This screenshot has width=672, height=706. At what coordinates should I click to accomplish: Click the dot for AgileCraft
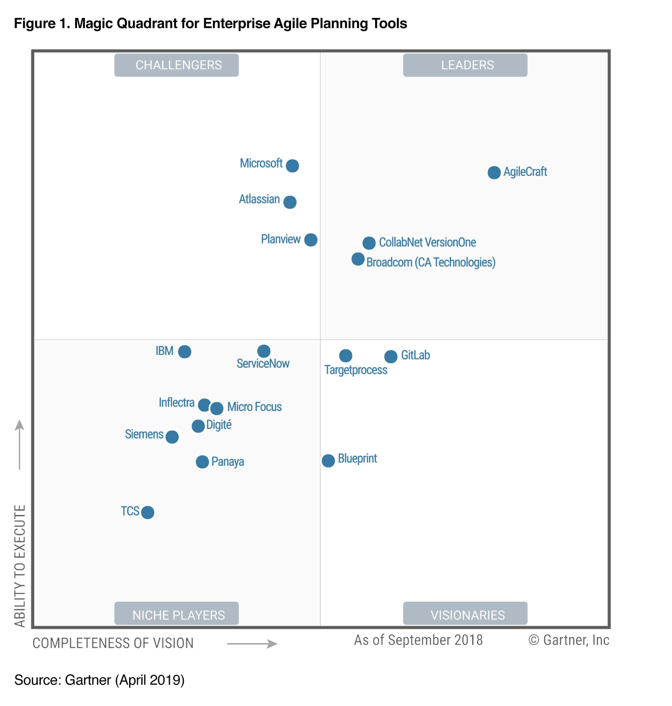[x=494, y=173]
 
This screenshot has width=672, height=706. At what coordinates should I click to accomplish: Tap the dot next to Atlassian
[x=290, y=202]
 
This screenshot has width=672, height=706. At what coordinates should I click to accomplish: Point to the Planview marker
[x=311, y=240]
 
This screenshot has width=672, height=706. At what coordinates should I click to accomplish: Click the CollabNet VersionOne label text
[x=427, y=243]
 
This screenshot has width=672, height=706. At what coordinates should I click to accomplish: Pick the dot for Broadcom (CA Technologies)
[x=358, y=259]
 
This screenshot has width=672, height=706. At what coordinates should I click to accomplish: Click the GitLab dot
[x=390, y=356]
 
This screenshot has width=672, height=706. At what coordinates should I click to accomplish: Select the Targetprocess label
[x=356, y=370]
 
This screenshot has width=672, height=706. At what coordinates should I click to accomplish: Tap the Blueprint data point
[x=328, y=461]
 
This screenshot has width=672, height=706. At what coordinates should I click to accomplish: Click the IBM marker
[x=185, y=352]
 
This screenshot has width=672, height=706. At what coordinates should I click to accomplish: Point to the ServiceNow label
[x=263, y=364]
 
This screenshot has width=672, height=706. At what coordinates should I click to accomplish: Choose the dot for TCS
[x=148, y=512]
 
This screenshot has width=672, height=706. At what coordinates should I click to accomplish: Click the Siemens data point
[x=172, y=437]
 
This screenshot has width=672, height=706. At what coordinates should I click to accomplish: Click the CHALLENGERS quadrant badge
[x=176, y=65]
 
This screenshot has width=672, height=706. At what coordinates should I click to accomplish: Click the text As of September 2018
[x=418, y=640]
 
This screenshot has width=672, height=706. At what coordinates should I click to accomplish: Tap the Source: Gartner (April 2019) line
[x=99, y=680]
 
